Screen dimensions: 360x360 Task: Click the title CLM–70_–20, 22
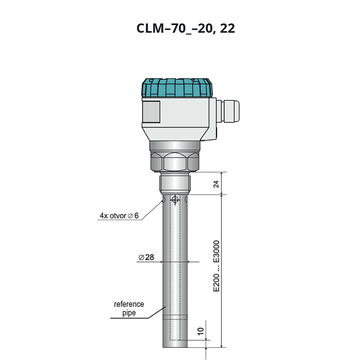186,29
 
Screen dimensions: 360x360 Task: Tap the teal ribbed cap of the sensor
177,88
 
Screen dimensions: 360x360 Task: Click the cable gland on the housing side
228,111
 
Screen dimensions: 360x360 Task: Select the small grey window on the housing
151,112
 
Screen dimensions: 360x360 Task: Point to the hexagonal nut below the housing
175,161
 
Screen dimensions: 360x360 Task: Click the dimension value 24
217,184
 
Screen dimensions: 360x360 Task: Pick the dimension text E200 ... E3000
217,266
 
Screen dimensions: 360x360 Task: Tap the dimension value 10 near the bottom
200,331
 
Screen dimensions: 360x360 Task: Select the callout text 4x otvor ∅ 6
119,216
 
